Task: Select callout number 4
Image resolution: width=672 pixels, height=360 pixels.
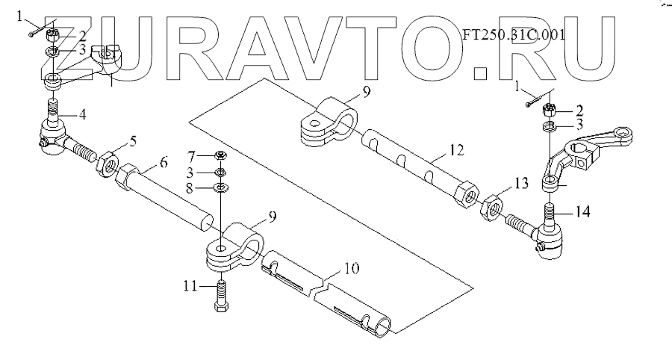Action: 83,115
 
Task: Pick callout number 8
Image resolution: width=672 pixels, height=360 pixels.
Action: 191,187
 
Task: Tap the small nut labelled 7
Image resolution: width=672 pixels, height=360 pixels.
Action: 222,155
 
